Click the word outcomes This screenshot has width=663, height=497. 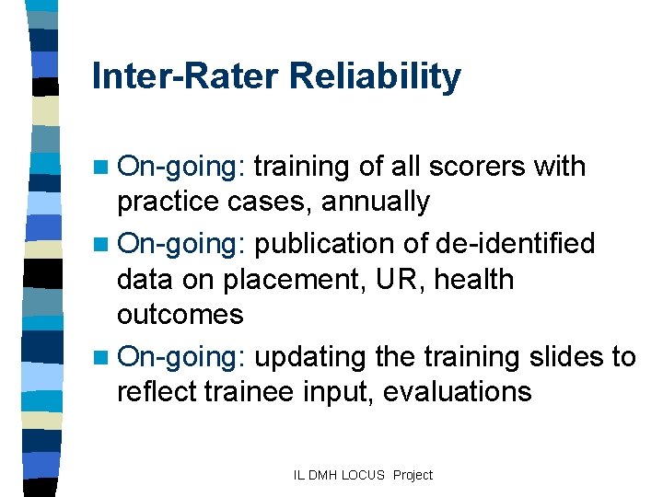[180, 315]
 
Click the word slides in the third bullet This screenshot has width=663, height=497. [569, 356]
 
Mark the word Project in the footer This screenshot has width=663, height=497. [412, 475]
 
